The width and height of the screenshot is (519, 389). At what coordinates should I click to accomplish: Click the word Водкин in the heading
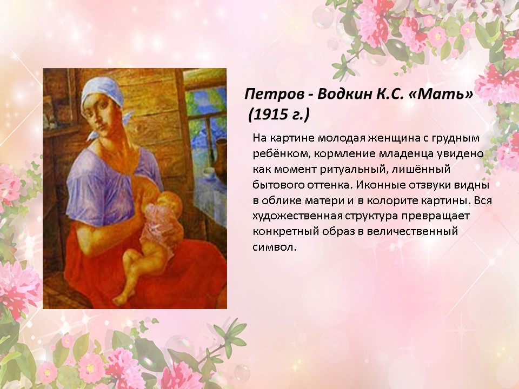coord(344,94)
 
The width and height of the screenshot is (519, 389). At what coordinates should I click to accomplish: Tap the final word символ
coord(275,247)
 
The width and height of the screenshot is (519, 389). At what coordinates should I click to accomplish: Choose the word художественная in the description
coord(297,216)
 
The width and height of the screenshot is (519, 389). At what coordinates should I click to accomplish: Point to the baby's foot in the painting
coord(120,300)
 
